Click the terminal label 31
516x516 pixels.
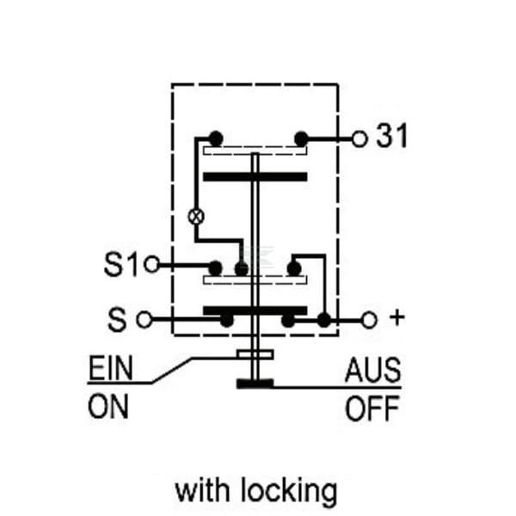coord(391,135)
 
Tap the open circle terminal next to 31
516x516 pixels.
coord(359,138)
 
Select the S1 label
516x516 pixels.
coord(120,264)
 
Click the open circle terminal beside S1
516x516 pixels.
coord(152,264)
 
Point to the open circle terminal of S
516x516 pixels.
coord(144,319)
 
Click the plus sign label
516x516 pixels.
coord(396,317)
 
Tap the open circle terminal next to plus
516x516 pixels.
coord(369,320)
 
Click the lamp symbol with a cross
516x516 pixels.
coord(196,217)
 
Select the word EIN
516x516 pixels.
coord(111,367)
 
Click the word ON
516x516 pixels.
coord(108,407)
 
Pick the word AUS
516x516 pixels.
coord(373,370)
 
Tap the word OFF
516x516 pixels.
coord(372,408)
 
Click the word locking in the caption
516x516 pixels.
coord(289,491)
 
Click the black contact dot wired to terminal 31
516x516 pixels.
coord(301,138)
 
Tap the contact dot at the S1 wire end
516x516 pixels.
coord(216,268)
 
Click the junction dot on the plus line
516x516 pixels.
coord(324,320)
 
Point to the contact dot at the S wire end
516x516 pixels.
coord(226,320)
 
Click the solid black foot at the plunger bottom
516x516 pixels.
coord(255,384)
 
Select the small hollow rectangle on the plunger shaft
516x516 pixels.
coord(255,354)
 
